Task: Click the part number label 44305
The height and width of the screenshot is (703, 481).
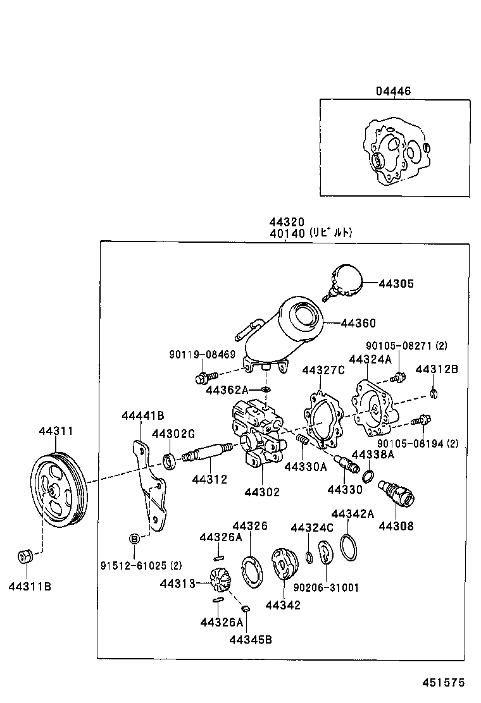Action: (396, 284)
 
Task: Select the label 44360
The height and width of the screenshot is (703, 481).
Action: (358, 323)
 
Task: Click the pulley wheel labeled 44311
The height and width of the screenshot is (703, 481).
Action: (58, 487)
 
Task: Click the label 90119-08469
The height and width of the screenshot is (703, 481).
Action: (201, 355)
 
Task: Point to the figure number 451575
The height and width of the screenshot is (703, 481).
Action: (444, 682)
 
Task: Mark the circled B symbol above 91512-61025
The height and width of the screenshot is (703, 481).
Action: (134, 539)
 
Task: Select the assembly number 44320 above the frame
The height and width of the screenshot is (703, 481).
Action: (287, 223)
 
